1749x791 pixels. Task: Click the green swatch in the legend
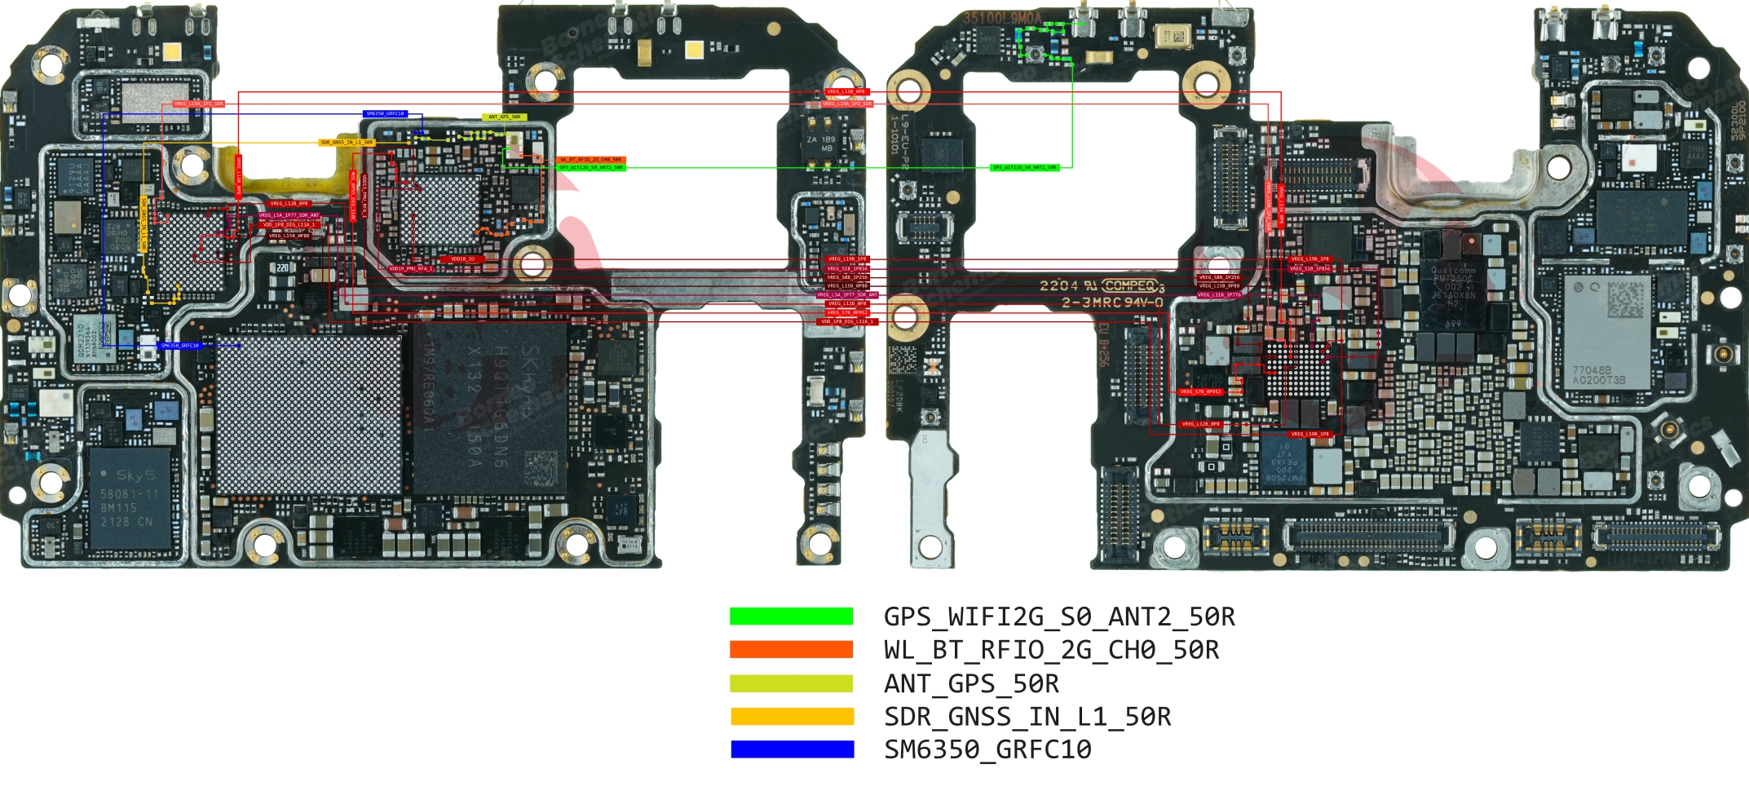coord(791,616)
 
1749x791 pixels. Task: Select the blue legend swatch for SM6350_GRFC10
coord(792,749)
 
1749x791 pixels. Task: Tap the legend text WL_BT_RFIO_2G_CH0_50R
coord(1051,650)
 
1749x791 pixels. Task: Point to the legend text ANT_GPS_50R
coord(971,683)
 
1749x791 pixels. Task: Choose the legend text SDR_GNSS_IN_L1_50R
coord(1027,717)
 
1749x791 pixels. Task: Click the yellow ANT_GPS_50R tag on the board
coord(504,117)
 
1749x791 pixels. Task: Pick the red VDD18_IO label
coord(462,259)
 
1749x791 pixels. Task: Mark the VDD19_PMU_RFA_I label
coord(410,268)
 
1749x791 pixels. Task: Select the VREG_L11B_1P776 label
coord(1219,295)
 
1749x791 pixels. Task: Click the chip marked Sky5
coord(130,497)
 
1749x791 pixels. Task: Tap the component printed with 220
coord(282,267)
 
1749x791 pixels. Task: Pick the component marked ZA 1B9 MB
coord(820,144)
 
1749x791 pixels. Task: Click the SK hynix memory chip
coord(489,408)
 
